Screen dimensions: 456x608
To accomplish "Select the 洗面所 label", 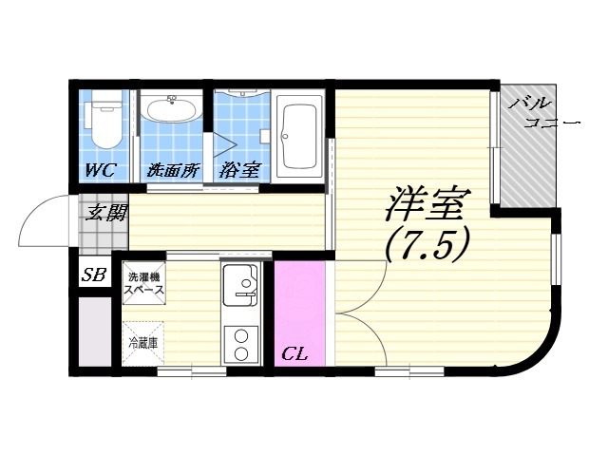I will (173, 171).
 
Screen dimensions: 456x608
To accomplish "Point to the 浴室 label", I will (239, 171).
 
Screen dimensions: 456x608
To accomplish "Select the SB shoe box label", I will (93, 275).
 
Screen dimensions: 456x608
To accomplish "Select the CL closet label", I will (294, 354).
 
